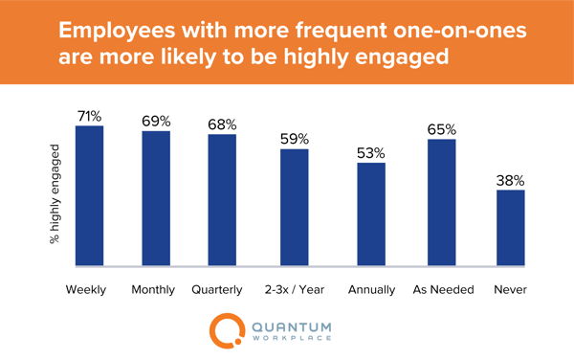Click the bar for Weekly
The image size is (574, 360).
click(x=89, y=195)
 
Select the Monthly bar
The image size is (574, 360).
click(x=156, y=198)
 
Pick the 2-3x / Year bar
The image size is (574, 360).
click(x=295, y=207)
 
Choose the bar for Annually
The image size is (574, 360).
click(x=371, y=214)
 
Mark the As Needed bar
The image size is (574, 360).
click(x=442, y=202)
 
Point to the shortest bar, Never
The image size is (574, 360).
click(x=511, y=228)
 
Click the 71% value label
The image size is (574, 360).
click(x=89, y=116)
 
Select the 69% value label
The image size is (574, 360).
click(x=156, y=122)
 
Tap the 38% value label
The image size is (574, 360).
click(x=511, y=179)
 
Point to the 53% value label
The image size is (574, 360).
click(x=371, y=152)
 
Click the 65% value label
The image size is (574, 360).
click(x=442, y=129)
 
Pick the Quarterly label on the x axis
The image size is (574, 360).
click(x=222, y=288)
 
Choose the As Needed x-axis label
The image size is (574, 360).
click(x=442, y=288)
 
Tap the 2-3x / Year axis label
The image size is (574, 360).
click(x=295, y=288)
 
